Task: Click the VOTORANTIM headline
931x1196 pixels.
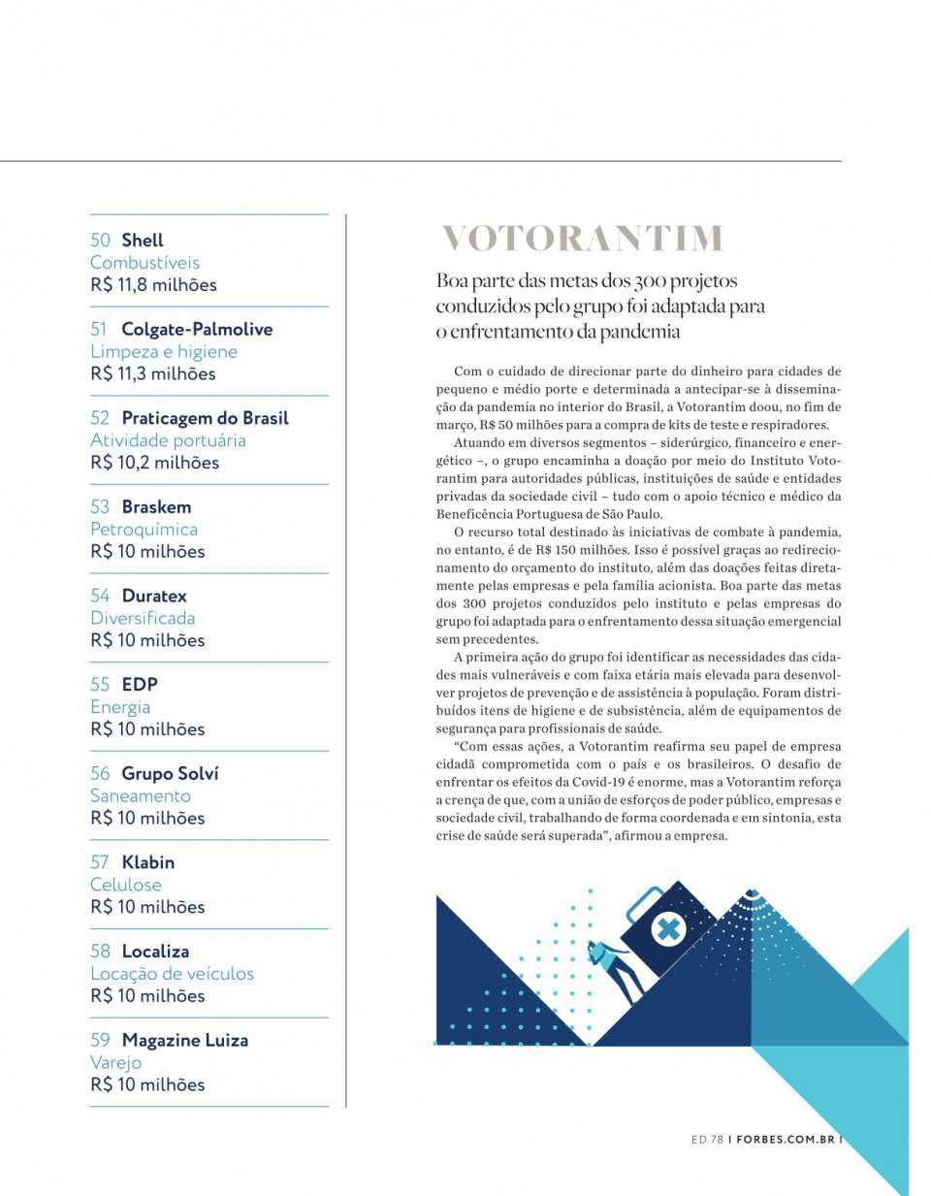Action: (582, 239)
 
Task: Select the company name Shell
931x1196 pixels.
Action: (143, 240)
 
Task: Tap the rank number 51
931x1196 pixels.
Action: (100, 329)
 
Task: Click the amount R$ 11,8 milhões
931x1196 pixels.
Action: (153, 285)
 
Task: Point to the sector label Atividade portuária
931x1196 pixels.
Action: (168, 440)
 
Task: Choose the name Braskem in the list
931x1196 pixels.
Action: (156, 506)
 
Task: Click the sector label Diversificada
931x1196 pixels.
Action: (143, 618)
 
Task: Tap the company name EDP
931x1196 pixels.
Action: (140, 684)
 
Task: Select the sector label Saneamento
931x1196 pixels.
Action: (141, 795)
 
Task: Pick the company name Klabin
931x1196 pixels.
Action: (148, 861)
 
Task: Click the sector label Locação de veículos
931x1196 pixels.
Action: (172, 973)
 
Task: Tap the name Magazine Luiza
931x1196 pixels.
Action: (185, 1040)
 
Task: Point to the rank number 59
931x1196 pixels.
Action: (100, 1040)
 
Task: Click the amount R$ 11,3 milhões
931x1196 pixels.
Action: (153, 373)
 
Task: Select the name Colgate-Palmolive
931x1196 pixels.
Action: (197, 329)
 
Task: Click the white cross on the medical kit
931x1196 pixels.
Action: (666, 929)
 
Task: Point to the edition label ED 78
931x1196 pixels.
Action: (707, 1140)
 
